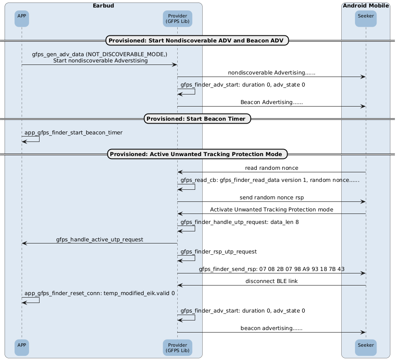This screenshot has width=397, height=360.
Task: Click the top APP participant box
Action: click(22, 19)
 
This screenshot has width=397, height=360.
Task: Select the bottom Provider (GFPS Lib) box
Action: click(178, 348)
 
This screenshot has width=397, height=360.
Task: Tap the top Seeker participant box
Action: click(366, 19)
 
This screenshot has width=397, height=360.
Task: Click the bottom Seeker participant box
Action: click(366, 348)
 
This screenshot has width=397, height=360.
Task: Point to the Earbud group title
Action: click(103, 5)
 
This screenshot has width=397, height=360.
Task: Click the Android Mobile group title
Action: click(366, 5)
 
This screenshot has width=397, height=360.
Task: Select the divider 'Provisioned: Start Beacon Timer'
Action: click(197, 119)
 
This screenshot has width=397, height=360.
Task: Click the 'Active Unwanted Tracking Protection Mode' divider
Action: click(197, 154)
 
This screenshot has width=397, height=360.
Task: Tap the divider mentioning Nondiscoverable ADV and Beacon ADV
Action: click(197, 40)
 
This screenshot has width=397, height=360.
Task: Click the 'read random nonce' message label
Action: click(272, 168)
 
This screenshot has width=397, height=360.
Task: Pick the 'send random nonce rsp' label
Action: click(272, 197)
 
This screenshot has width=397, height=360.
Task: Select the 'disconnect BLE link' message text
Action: click(272, 281)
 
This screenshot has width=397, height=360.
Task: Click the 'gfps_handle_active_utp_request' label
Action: click(100, 239)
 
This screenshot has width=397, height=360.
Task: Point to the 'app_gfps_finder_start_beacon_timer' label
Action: click(73, 133)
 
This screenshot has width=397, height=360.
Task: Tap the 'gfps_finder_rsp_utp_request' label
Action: click(219, 252)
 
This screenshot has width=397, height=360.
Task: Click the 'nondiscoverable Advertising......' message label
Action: click(272, 73)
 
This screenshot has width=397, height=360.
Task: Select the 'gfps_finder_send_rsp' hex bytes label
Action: click(272, 269)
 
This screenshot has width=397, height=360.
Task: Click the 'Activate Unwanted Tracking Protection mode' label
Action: click(272, 210)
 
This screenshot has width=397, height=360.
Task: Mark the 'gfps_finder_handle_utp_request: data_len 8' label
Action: click(240, 222)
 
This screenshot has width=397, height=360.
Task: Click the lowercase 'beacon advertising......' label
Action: click(272, 328)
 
